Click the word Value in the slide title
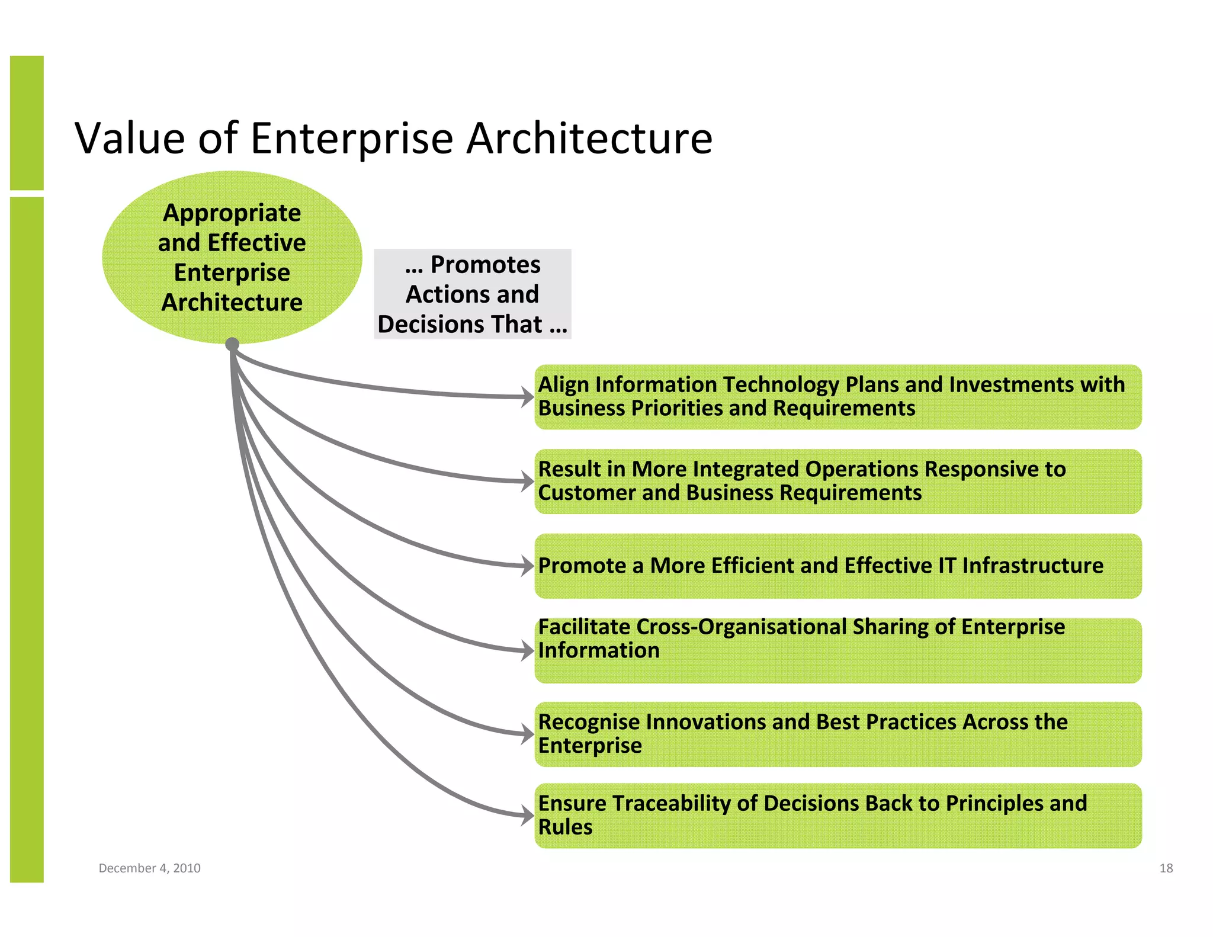[x=130, y=138]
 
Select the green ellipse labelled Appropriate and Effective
[x=232, y=257]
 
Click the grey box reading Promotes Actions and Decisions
[x=472, y=294]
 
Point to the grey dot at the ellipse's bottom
[x=232, y=344]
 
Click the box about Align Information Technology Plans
[x=837, y=397]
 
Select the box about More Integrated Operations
[x=837, y=481]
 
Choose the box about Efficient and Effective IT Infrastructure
[x=837, y=566]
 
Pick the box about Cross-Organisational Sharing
[x=837, y=650]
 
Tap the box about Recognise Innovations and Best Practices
[x=837, y=734]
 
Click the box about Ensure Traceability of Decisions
[x=837, y=816]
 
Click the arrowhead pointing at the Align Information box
[x=528, y=397]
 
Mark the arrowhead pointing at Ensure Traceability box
[x=528, y=816]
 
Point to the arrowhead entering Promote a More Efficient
[x=528, y=566]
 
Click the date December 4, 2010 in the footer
[x=149, y=868]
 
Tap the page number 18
[x=1166, y=868]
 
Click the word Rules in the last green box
[x=565, y=827]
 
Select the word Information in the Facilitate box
[x=598, y=650]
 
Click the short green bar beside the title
[x=27, y=123]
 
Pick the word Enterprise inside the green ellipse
[x=232, y=272]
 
